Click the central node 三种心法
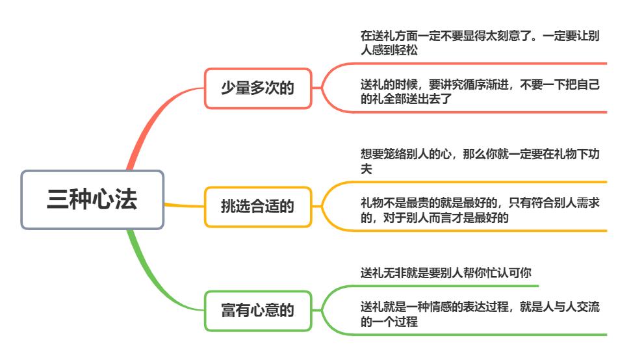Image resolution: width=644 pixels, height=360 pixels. click(x=92, y=199)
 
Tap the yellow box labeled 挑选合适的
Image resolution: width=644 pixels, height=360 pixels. click(x=258, y=207)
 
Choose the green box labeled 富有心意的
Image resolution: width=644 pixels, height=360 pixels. click(x=258, y=311)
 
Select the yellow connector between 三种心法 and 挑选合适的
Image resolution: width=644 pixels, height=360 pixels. click(x=184, y=205)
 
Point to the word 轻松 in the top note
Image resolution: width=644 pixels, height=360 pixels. click(x=409, y=48)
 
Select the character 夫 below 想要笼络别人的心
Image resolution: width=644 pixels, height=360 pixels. click(x=366, y=168)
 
